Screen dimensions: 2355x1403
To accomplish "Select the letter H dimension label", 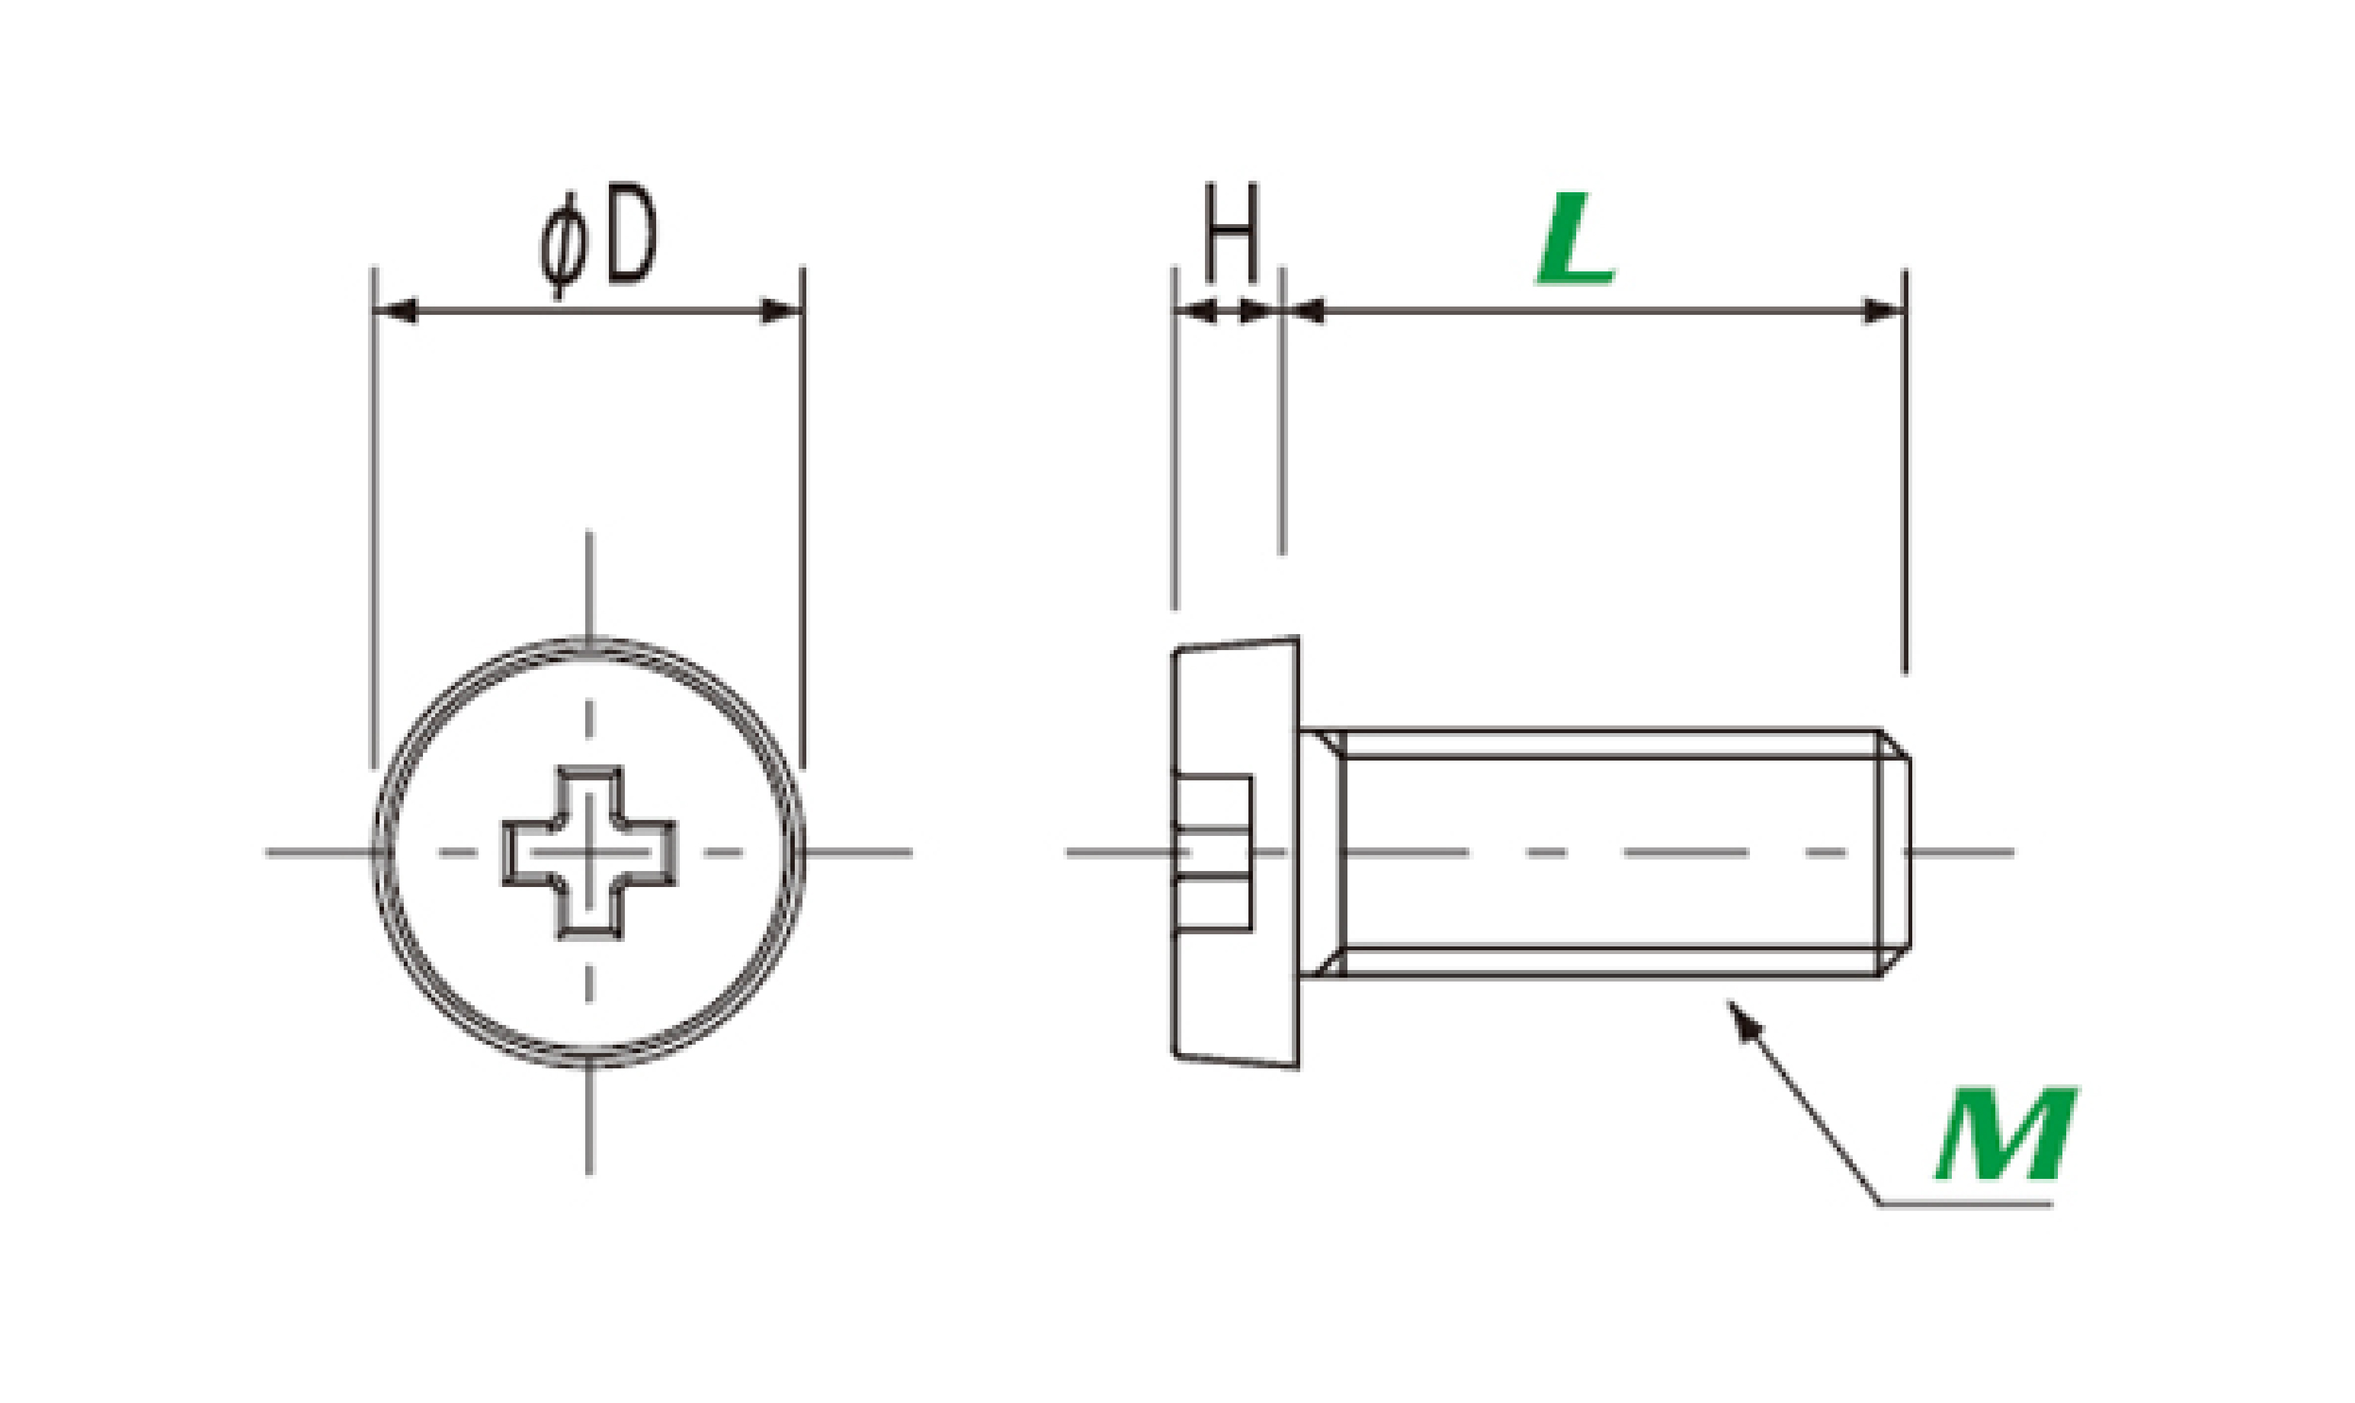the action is (1231, 232).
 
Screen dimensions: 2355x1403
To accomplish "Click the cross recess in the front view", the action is (588, 852).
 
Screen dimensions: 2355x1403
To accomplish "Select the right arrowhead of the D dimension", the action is (781, 310).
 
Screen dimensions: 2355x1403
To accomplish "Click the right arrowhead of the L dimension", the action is (1882, 310).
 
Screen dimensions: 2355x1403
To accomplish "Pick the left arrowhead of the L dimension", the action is (1306, 310).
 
